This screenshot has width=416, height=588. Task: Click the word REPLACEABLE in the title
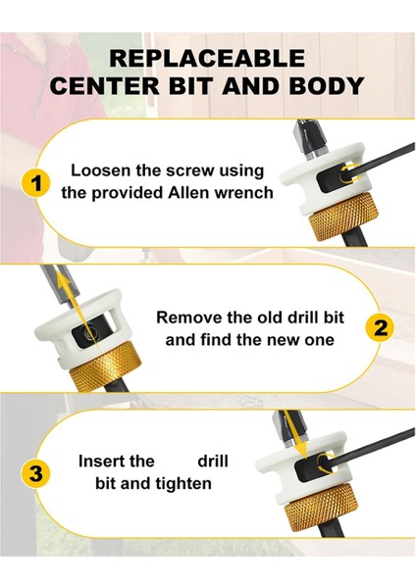tap(207, 58)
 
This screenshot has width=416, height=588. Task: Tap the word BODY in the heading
tap(327, 86)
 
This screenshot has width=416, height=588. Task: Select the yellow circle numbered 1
tap(36, 184)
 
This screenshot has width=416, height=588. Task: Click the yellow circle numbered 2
tap(380, 328)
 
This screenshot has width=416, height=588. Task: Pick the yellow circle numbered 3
tap(36, 473)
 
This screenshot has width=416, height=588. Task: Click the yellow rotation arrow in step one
tap(348, 174)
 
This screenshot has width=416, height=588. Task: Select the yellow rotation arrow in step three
tap(326, 463)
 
